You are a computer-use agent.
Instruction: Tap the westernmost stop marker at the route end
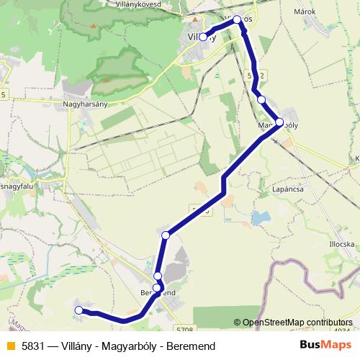(x=78, y=310)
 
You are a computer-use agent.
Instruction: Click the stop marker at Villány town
(x=203, y=37)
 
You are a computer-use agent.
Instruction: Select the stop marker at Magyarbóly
(x=279, y=122)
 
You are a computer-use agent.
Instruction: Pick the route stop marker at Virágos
(x=237, y=20)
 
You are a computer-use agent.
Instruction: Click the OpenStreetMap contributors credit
(x=297, y=323)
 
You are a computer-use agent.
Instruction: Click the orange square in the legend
(x=9, y=346)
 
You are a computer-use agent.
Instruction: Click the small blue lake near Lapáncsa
(x=258, y=217)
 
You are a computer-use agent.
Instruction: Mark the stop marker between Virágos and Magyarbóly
(x=261, y=100)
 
